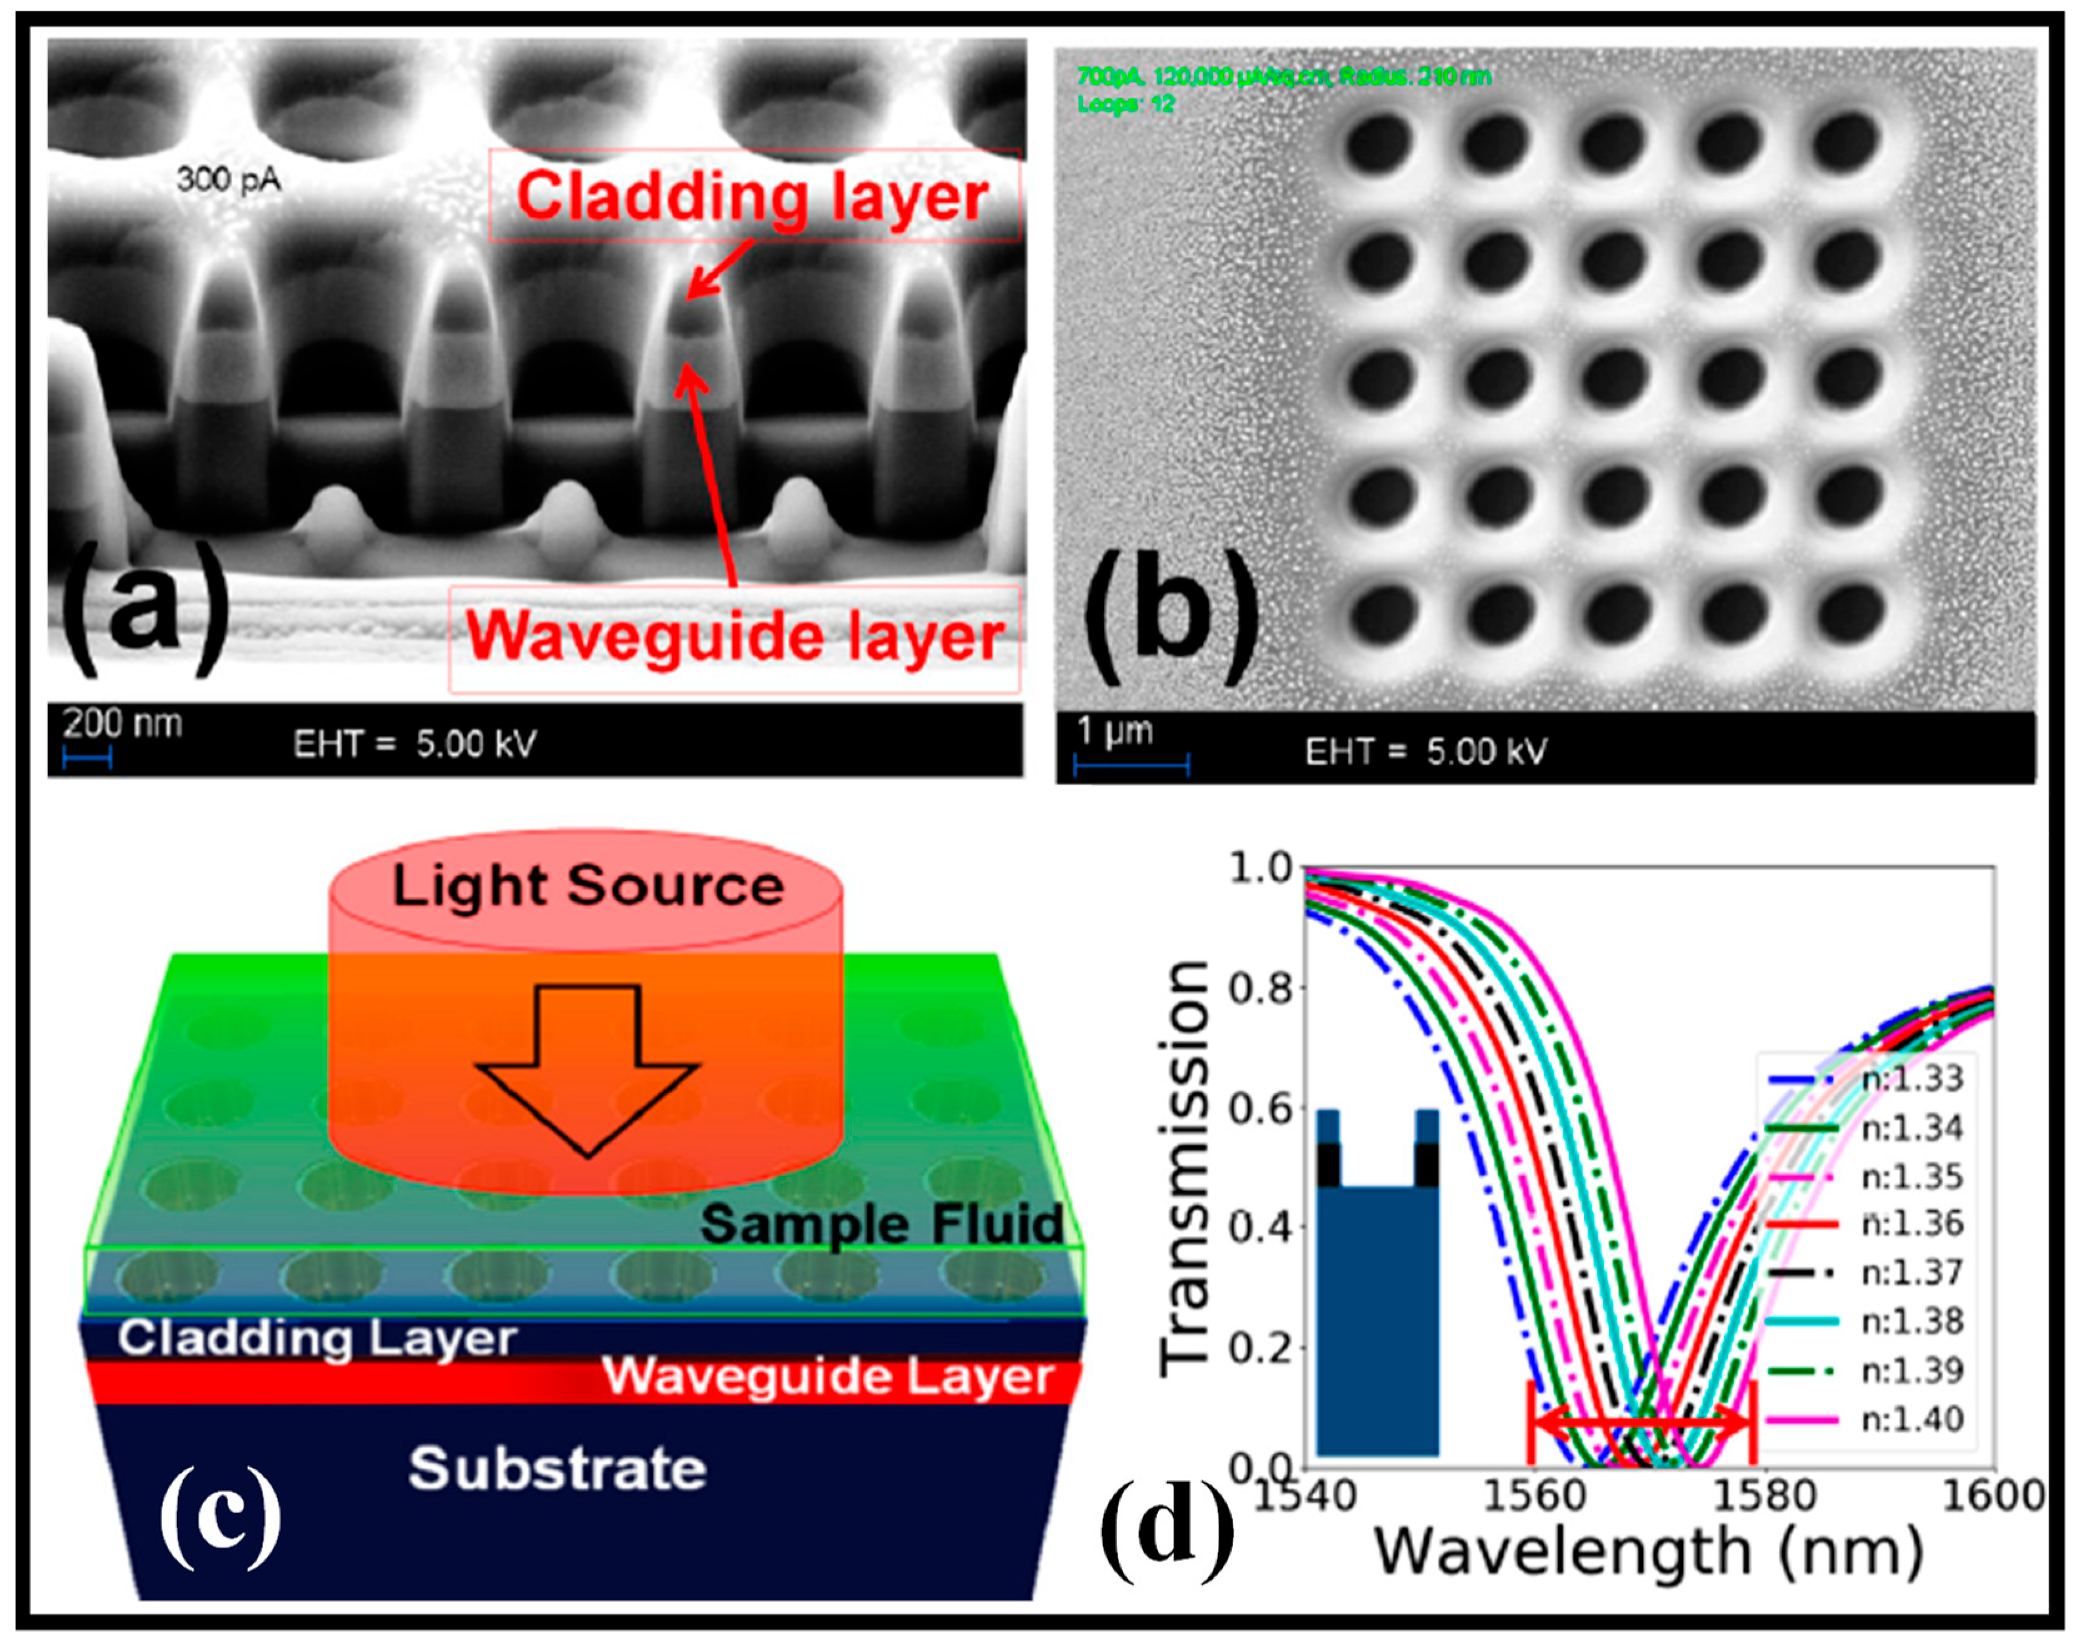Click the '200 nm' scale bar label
[x=122, y=724]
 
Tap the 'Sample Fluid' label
[x=881, y=1224]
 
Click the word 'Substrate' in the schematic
[x=557, y=1470]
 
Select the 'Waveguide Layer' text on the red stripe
[x=828, y=1377]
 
